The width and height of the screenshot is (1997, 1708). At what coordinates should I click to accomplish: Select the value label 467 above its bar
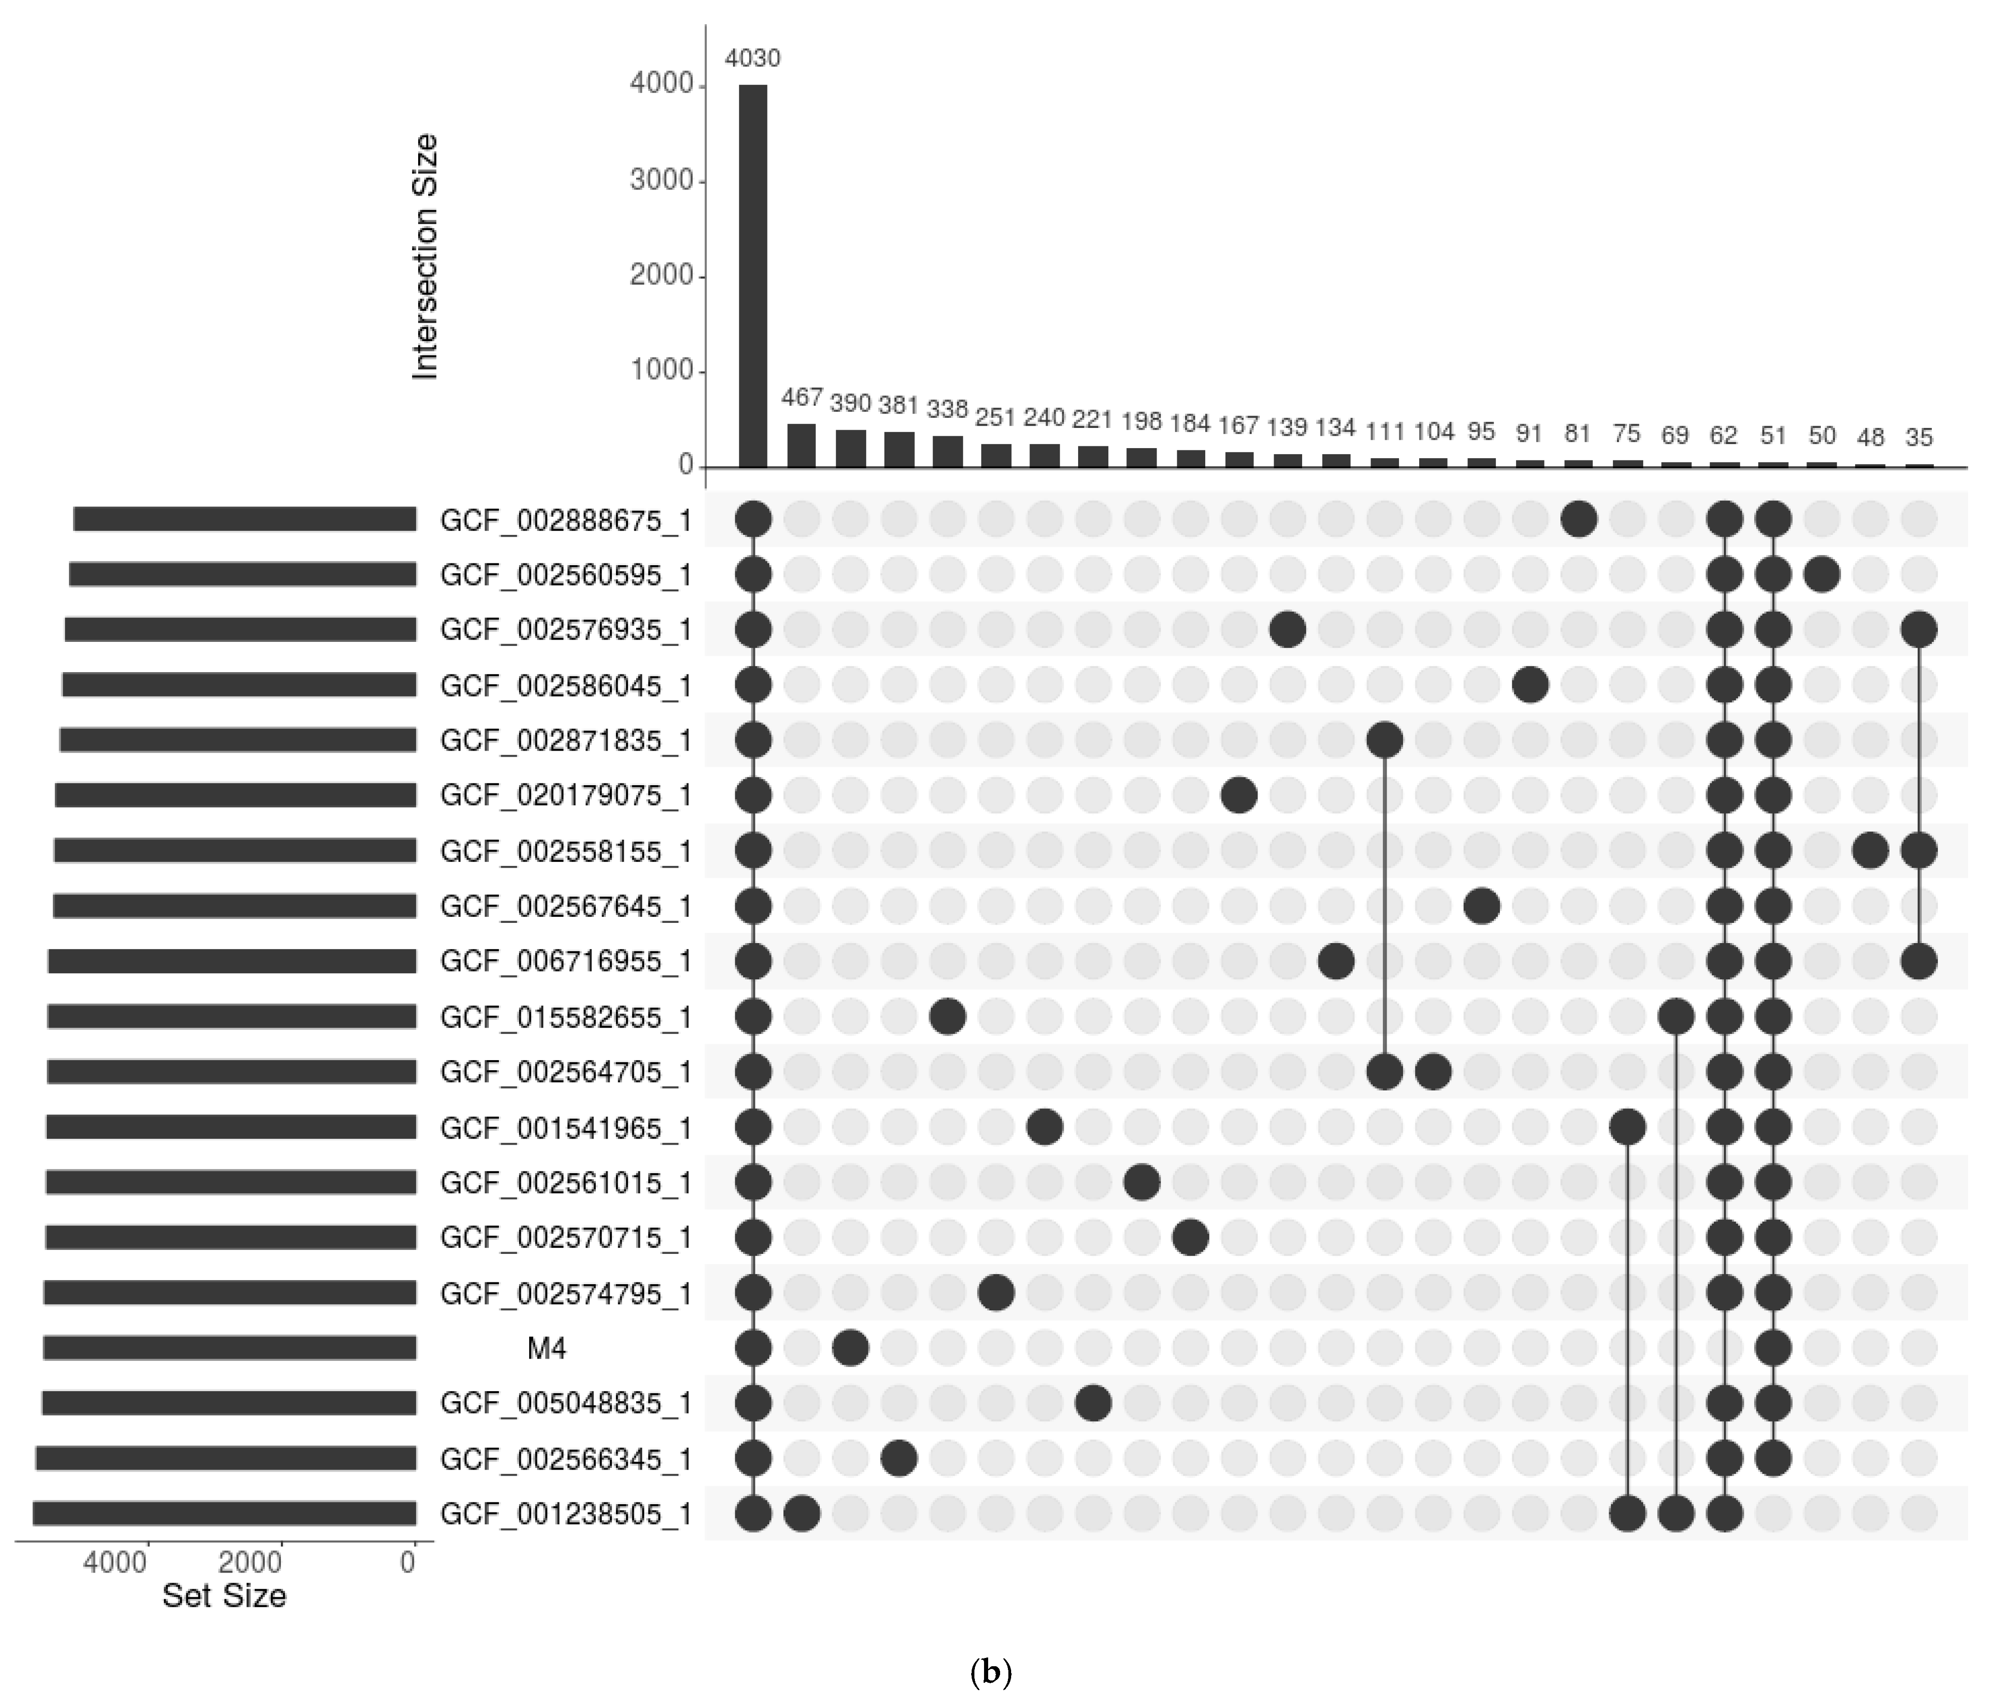point(802,397)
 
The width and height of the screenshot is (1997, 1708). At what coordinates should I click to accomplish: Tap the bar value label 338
point(947,410)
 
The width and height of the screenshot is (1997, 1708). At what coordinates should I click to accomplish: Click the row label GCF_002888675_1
point(566,521)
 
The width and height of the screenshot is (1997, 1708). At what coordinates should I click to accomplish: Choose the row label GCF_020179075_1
point(566,796)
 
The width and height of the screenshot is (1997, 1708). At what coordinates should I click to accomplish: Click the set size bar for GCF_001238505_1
point(224,1513)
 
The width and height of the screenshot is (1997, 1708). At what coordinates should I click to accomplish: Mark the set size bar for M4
point(229,1348)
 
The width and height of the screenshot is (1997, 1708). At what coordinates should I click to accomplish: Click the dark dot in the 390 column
point(850,1348)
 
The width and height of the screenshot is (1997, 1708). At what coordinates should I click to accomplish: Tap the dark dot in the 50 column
point(1822,575)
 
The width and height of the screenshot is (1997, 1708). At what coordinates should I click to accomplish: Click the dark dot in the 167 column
point(1238,796)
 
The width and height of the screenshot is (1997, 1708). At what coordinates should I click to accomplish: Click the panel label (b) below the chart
point(991,1673)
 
